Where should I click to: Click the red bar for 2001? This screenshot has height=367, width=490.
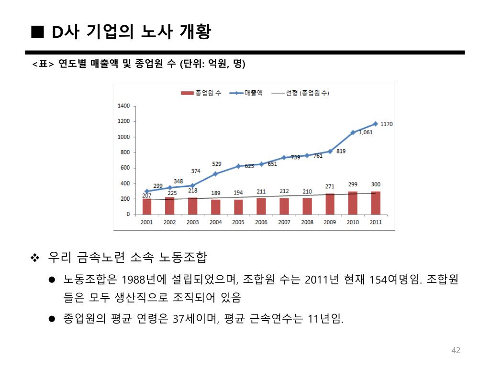pos(147,206)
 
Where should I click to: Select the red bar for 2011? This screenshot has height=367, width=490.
pos(376,203)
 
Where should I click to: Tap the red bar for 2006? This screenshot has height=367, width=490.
pos(261,206)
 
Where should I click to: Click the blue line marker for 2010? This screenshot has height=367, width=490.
pos(353,132)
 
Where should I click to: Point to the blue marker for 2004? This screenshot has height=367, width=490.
pos(215,174)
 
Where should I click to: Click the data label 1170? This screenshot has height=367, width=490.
pos(387,124)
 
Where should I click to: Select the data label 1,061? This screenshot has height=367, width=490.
pos(366,132)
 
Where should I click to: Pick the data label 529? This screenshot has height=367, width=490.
pos(217,164)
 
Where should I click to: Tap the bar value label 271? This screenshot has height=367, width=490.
pos(330,186)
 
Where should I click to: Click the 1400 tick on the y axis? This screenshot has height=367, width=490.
pos(123,106)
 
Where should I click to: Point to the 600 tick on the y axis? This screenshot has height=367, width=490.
pos(125,168)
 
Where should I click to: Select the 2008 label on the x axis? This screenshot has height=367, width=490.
pos(307,223)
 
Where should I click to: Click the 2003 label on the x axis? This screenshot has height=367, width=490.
pos(192,223)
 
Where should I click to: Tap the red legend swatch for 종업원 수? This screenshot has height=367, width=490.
pos(187,93)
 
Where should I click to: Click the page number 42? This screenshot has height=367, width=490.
pos(456,351)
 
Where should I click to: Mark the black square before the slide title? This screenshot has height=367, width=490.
pos(37,32)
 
